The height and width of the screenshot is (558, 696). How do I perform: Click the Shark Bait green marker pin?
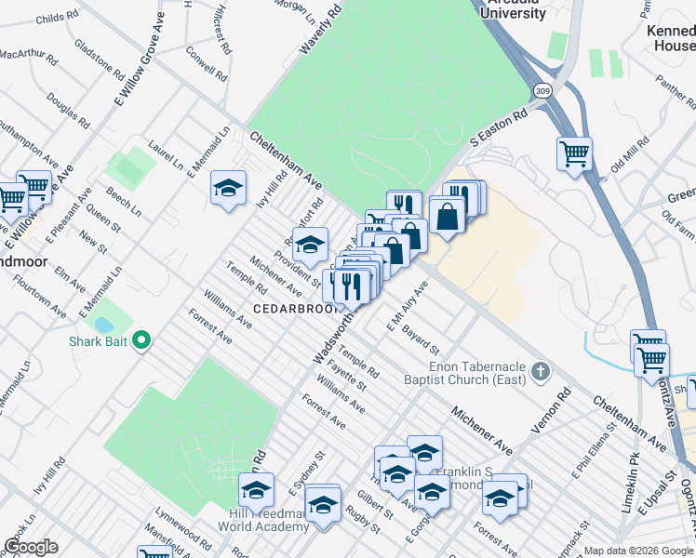tap(141, 341)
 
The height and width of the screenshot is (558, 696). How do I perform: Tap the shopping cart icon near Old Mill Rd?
tap(574, 153)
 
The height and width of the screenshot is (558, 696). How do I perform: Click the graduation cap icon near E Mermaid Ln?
tap(228, 188)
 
